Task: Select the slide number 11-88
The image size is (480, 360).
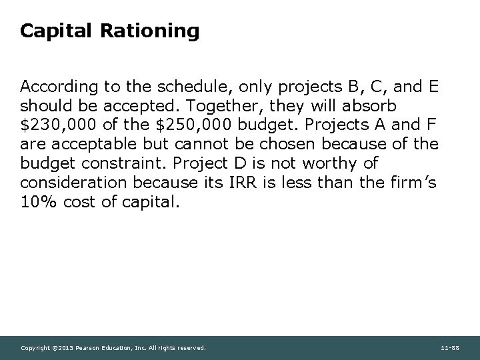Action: tap(449, 348)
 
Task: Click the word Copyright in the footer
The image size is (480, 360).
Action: tap(35, 348)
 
